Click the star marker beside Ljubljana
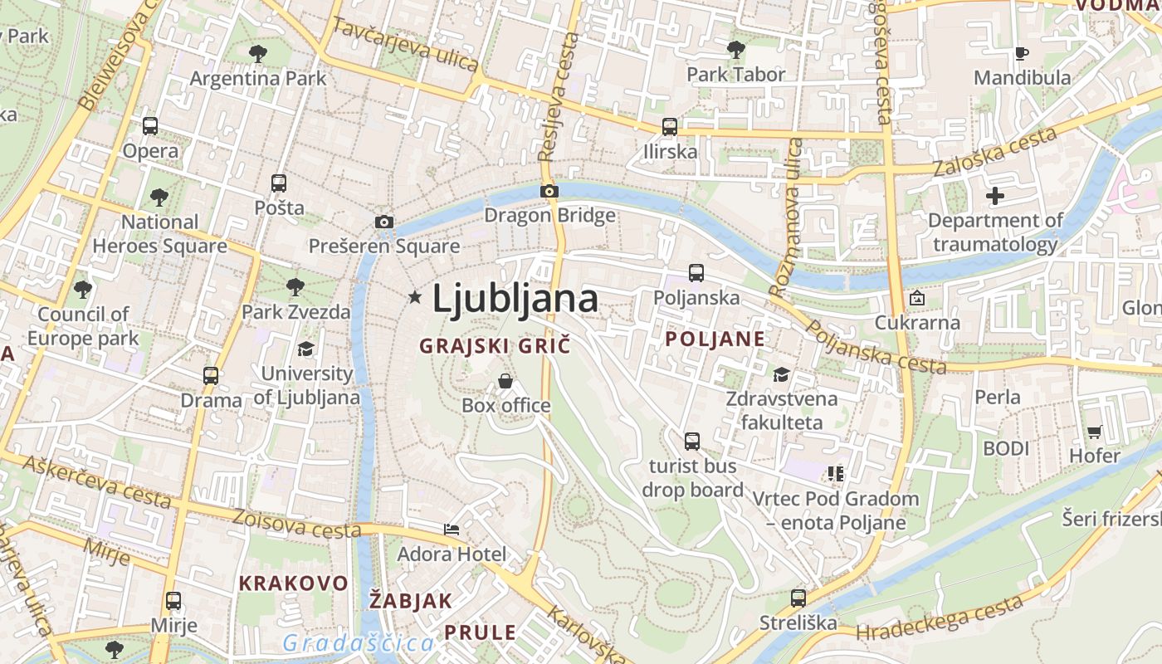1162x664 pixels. click(415, 296)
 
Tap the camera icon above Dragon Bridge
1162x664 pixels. click(549, 191)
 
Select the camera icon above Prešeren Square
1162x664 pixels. click(383, 222)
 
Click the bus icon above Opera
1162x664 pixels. click(150, 126)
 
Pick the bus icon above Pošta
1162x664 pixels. click(279, 183)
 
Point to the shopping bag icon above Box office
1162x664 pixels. click(505, 381)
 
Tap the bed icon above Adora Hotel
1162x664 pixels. click(452, 529)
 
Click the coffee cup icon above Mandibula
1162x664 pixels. click(1021, 53)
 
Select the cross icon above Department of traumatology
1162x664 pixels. click(995, 197)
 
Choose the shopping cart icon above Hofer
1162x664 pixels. click(1094, 432)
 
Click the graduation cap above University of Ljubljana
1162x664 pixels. click(306, 349)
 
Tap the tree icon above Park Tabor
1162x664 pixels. click(735, 50)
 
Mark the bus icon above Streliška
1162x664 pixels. click(798, 598)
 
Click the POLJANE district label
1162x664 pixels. click(715, 339)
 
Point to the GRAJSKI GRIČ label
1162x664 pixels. click(495, 345)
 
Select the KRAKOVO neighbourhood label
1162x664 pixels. click(294, 583)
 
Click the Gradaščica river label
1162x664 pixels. click(358, 643)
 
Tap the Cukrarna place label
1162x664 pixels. click(918, 322)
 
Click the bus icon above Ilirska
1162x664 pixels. click(670, 127)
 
